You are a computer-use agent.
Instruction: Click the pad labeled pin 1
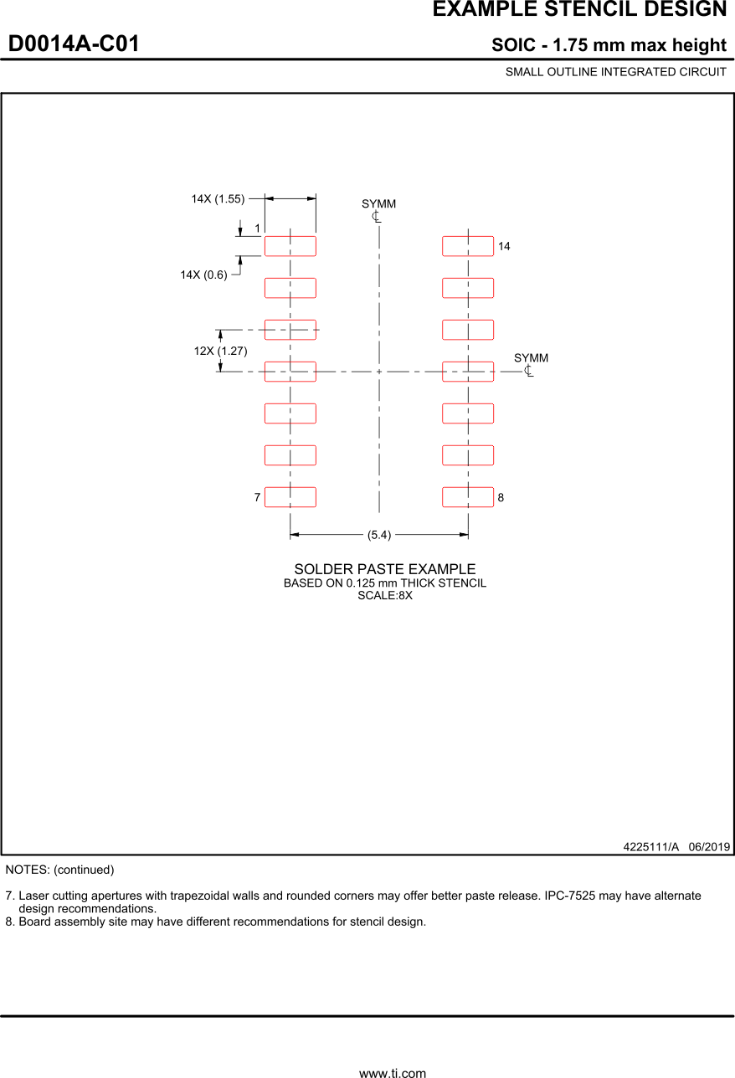(x=290, y=246)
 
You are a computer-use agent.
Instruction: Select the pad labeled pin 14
(x=467, y=246)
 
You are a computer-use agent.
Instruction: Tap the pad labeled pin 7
(x=290, y=497)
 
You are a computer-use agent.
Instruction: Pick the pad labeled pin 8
(x=467, y=497)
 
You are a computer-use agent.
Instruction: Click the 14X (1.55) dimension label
(x=218, y=199)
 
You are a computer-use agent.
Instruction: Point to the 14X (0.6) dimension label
(x=203, y=275)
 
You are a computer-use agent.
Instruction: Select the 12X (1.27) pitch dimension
(x=220, y=351)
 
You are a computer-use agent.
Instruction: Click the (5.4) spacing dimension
(x=379, y=534)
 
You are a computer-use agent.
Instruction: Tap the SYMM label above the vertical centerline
(x=378, y=204)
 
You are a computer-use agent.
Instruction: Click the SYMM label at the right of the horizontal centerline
(x=531, y=358)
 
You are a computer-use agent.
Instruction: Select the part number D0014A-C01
(x=74, y=44)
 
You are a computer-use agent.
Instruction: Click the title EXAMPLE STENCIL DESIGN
(x=579, y=10)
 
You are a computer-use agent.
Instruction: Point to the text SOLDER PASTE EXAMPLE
(x=384, y=569)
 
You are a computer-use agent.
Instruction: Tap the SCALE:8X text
(x=385, y=596)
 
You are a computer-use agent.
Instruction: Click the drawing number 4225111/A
(x=650, y=846)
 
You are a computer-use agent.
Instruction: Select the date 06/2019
(x=709, y=846)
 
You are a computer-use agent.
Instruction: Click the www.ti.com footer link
(x=393, y=1072)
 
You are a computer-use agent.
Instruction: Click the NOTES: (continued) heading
(x=59, y=870)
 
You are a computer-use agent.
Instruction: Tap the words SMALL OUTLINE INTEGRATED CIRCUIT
(x=615, y=72)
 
